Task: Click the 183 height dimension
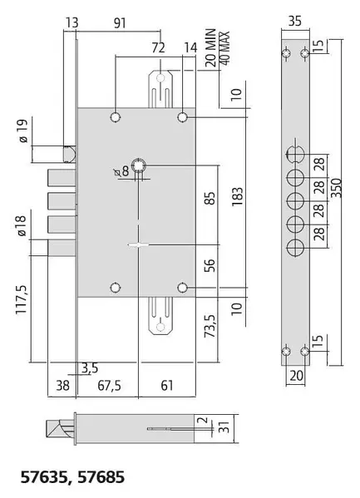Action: pos(237,196)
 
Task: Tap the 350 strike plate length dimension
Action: pos(337,188)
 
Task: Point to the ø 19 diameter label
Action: pos(23,131)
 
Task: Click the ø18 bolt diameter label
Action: pos(22,225)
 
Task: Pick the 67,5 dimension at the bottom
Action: pos(109,386)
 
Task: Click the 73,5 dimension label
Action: pos(210,326)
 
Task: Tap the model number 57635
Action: pos(43,477)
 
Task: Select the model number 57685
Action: pos(101,477)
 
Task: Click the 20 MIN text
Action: pos(210,47)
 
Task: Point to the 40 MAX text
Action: pos(224,48)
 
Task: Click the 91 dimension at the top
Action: pos(120,23)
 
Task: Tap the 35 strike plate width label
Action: pos(295,22)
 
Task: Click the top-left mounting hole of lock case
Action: pos(116,117)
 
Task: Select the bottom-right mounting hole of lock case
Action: pos(182,288)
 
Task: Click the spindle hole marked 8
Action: pos(139,165)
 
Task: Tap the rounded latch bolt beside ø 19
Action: pos(70,154)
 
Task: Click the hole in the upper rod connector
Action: pos(160,78)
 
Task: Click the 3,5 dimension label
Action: pos(90,368)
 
